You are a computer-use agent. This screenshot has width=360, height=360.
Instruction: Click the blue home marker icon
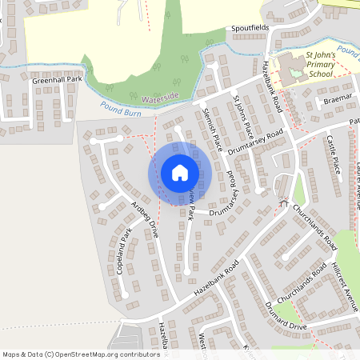pyautogui.click(x=179, y=173)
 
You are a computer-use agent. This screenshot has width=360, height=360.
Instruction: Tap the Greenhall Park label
pyautogui.click(x=58, y=81)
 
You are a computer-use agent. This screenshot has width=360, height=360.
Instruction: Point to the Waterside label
pyautogui.click(x=160, y=97)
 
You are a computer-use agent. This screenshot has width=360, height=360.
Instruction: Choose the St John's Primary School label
pyautogui.click(x=318, y=65)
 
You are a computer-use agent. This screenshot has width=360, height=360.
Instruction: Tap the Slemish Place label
pyautogui.click(x=212, y=127)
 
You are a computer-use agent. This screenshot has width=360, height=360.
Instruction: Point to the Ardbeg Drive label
pyautogui.click(x=144, y=221)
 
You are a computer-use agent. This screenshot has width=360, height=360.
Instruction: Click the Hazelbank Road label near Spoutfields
pyautogui.click(x=273, y=84)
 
